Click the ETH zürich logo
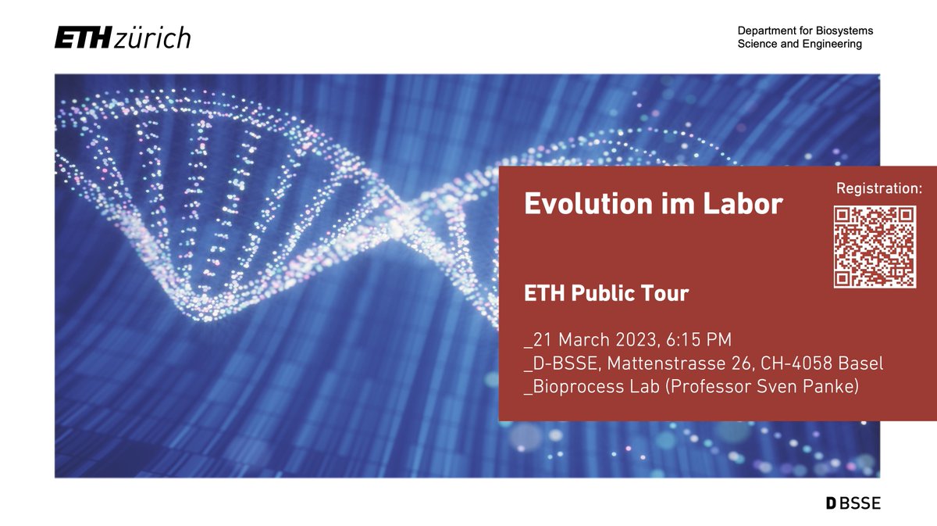(122, 38)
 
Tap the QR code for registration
(874, 247)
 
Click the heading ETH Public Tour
(606, 294)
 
